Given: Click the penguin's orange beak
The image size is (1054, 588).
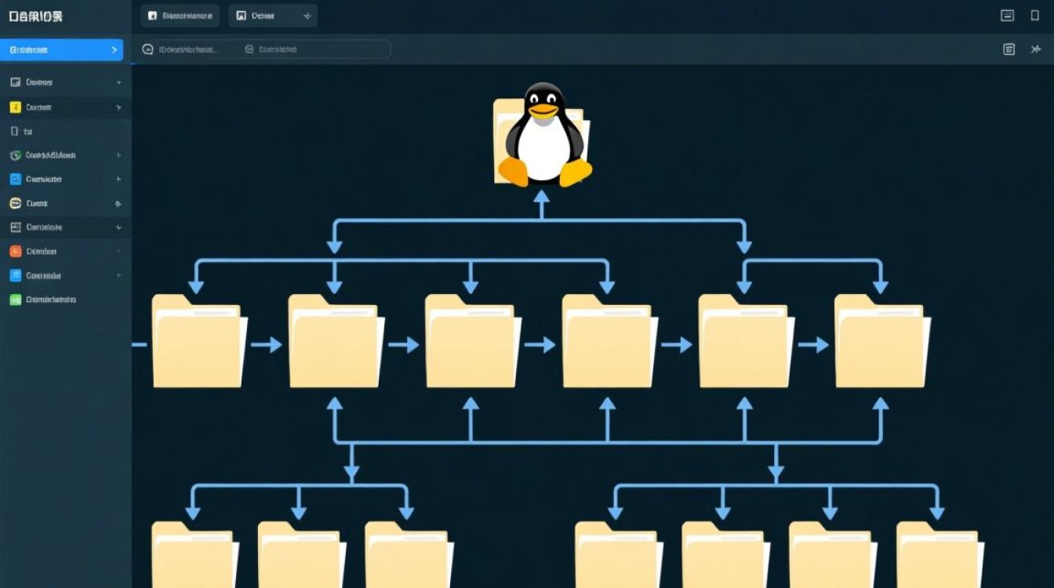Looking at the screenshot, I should pos(543,111).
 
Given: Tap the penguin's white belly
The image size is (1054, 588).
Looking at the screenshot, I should pos(543,149).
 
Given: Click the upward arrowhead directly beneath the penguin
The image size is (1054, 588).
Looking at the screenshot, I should pos(541,196).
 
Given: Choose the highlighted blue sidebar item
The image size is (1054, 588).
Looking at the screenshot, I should pos(61,50).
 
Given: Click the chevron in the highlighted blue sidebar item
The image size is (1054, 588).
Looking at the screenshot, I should pos(114,50).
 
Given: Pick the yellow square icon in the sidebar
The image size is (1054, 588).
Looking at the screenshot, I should pos(15,107).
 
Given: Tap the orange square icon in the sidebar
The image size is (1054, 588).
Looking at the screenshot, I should pos(15,252).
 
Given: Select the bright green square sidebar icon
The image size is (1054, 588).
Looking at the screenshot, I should pos(15,299).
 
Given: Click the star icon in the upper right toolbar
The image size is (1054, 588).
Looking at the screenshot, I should pos(1036,49).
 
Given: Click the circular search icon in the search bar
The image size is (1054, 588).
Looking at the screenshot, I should pos(147,49).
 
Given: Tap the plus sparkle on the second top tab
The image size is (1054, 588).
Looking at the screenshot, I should pos(307,16).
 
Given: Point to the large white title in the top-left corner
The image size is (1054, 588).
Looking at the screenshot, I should pos(35,16).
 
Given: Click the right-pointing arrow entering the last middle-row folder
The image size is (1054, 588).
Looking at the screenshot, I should pos(814,344).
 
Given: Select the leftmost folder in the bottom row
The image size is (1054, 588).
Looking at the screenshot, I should pos(194,557).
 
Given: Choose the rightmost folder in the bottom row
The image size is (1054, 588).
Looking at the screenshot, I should pos(940,557).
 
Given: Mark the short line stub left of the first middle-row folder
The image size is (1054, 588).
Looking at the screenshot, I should pos(140,344).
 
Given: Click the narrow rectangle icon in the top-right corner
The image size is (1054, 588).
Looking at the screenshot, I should pos(1035,16).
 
